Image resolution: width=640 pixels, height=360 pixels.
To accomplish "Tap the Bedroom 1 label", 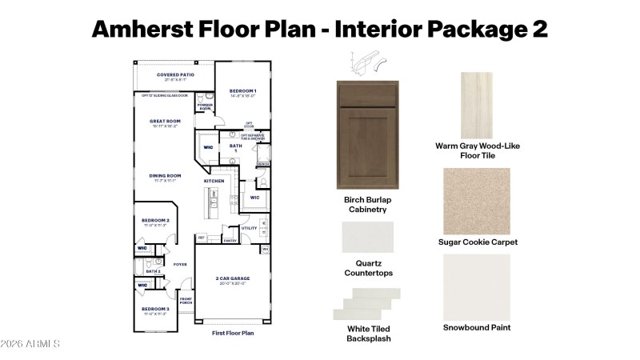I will pos(242,91).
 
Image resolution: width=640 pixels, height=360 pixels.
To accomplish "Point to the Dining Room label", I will pos(166,176).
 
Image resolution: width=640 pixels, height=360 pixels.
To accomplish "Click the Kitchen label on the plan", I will pos(214,182).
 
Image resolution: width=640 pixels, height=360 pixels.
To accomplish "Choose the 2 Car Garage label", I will pos(231,279).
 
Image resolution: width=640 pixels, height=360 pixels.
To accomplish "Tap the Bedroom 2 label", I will pos(155,220).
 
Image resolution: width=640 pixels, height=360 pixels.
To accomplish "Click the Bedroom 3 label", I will pos(155,308).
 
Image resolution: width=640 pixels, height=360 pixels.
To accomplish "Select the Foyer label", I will pos(180,263).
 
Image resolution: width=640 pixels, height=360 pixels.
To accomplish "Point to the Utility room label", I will pos(249,229).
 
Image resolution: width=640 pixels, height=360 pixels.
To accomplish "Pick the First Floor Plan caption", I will pos(233,332).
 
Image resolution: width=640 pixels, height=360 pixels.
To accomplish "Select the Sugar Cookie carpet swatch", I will pos(478,199).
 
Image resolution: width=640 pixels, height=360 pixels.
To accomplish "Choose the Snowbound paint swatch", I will pos(477,286).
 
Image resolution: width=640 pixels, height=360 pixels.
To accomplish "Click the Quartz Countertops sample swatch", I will pos(368,237).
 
